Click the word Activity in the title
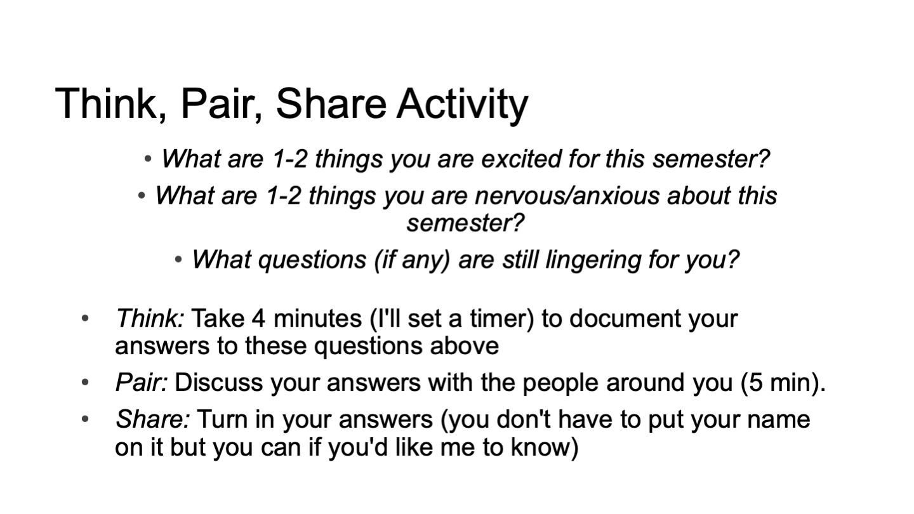462,105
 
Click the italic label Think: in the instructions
150,318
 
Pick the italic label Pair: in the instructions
142,383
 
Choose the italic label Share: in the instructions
152,419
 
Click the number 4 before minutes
258,318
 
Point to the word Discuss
219,383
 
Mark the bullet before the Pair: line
85,383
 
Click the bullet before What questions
178,260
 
